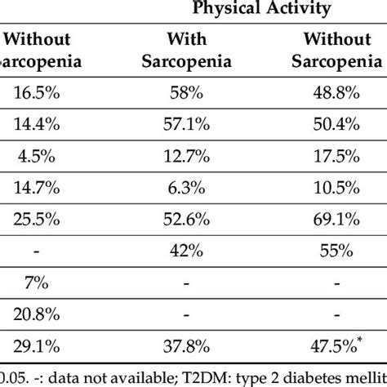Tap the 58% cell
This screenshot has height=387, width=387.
tap(189, 95)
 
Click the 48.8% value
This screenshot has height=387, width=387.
tap(342, 95)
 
